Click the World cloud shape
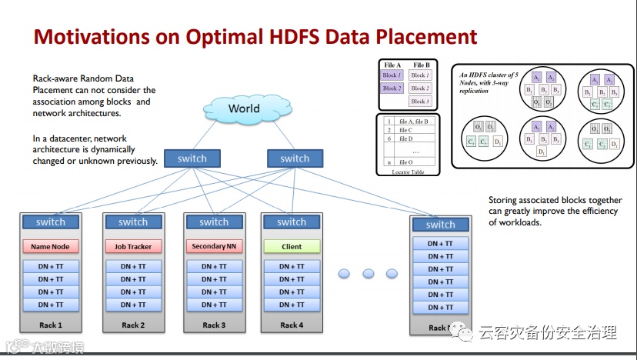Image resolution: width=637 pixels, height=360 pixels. (x=243, y=109)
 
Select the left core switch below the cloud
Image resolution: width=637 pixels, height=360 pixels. (x=192, y=158)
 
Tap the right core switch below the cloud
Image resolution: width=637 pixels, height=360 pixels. (x=294, y=158)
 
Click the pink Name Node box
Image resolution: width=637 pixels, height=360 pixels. (x=50, y=247)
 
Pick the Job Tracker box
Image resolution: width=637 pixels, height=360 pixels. (x=133, y=247)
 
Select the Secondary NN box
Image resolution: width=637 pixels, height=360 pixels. (x=213, y=247)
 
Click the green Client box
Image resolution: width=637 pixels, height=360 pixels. (x=292, y=247)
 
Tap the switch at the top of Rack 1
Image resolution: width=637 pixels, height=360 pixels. (x=50, y=222)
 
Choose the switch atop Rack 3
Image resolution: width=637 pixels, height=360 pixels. (x=213, y=222)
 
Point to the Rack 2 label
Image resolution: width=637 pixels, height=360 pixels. (x=133, y=325)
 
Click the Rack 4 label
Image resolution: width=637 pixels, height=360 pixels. (x=292, y=325)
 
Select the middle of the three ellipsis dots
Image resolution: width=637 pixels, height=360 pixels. (x=368, y=273)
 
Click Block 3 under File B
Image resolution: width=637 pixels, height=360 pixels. (x=420, y=101)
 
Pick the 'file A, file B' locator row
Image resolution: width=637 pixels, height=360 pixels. (x=414, y=121)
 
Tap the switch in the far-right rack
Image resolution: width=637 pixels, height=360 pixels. (x=440, y=225)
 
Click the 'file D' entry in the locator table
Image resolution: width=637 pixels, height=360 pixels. (x=408, y=138)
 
